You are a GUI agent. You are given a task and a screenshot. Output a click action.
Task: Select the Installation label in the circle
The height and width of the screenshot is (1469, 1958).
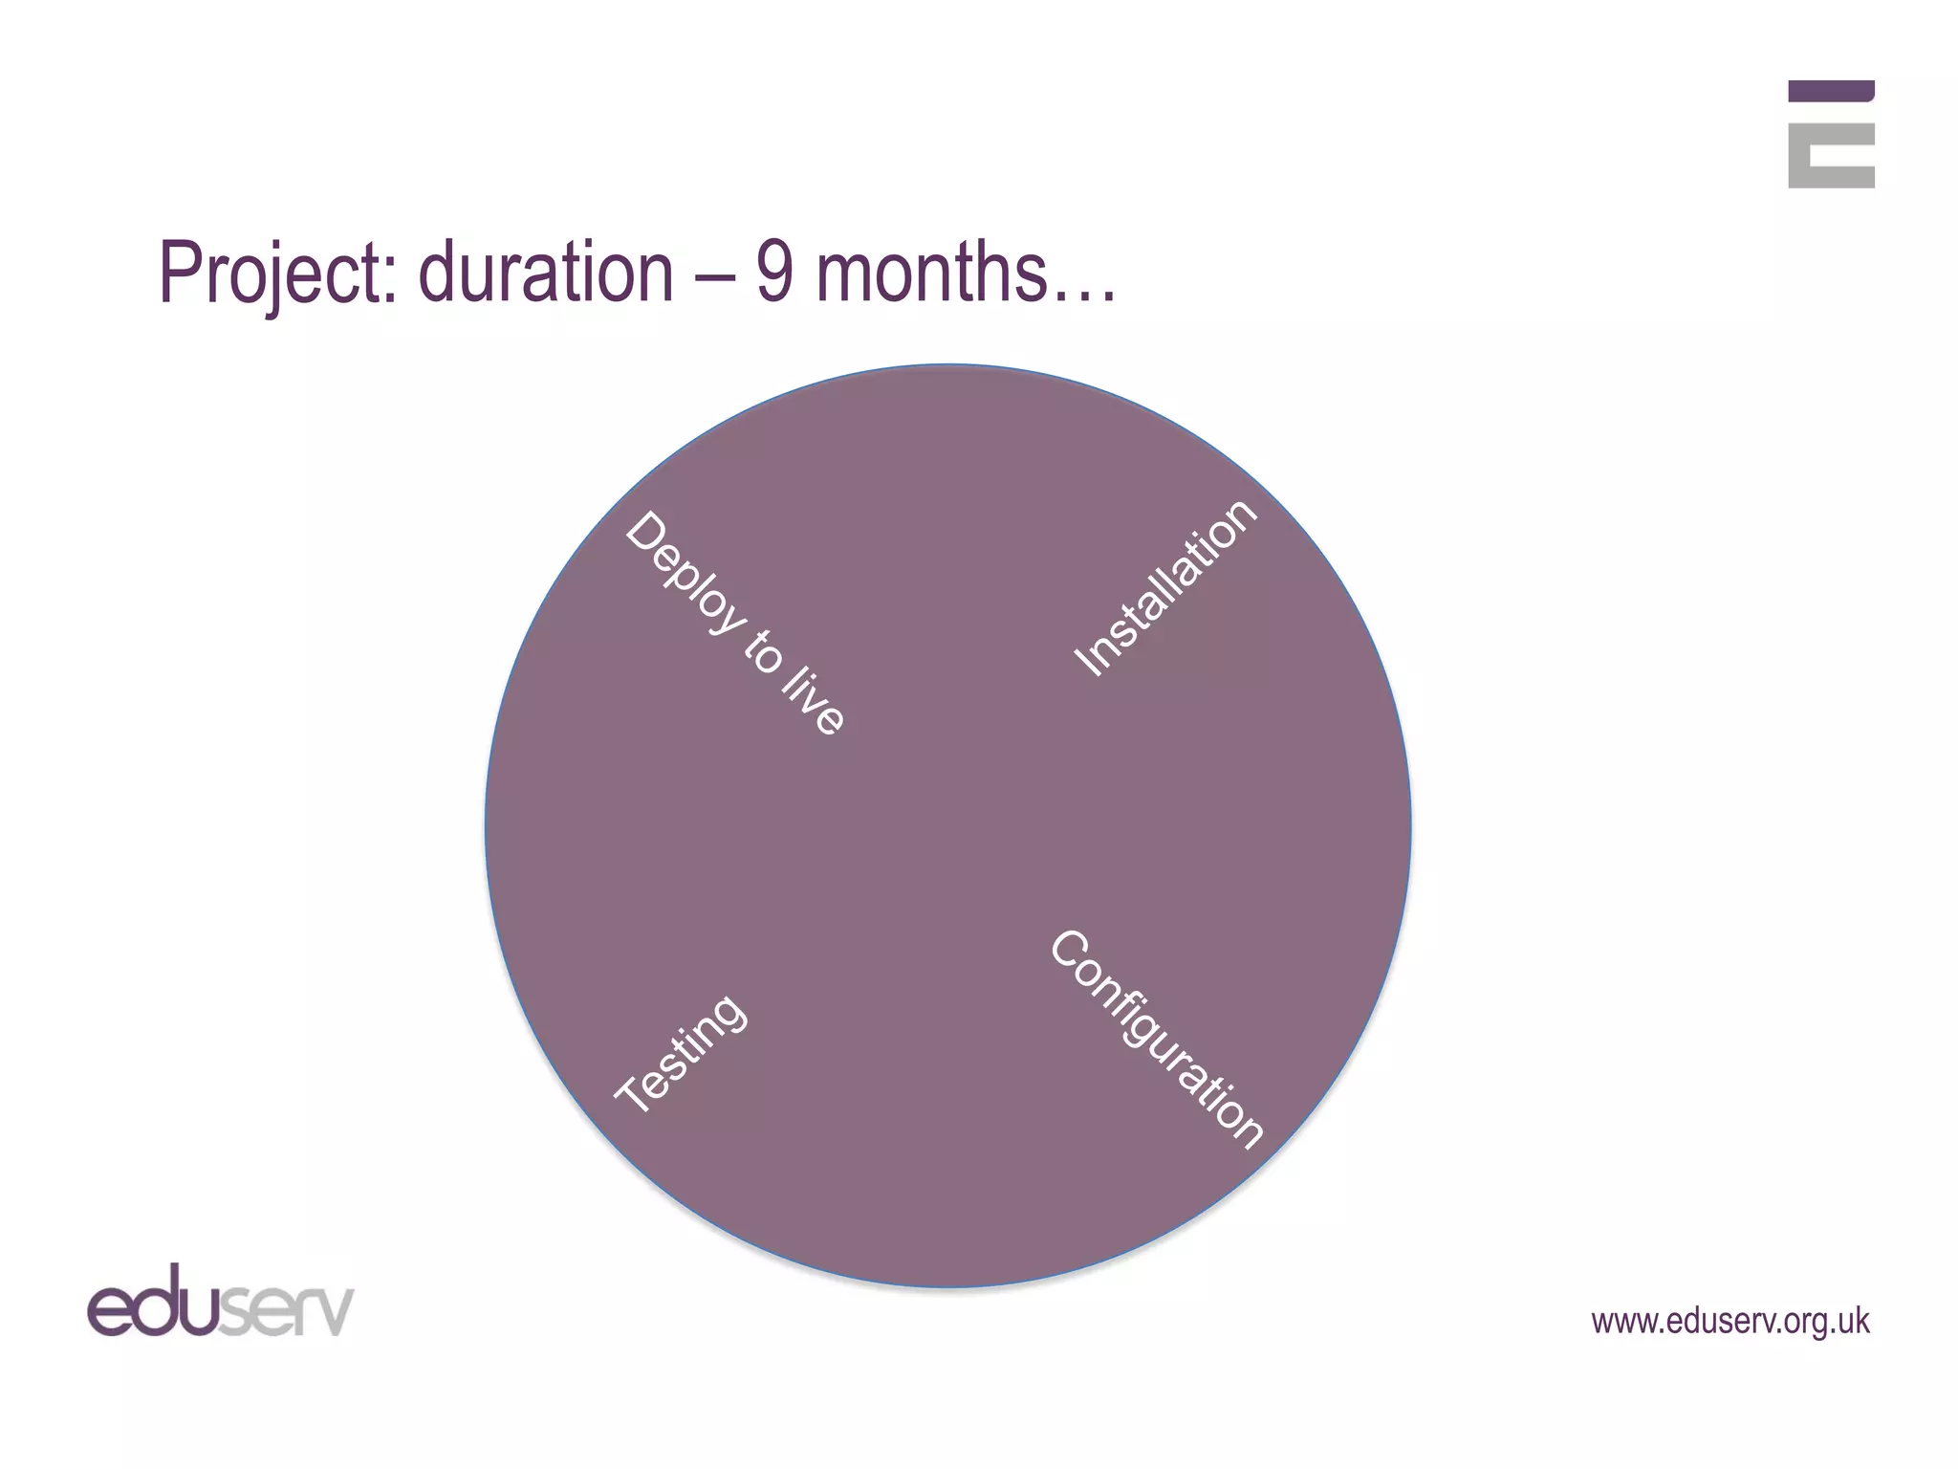tap(1165, 587)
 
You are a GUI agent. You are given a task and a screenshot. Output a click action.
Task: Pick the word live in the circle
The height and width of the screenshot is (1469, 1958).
tap(814, 703)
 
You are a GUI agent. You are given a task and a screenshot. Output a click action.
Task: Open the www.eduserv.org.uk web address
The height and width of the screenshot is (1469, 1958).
tap(1730, 1321)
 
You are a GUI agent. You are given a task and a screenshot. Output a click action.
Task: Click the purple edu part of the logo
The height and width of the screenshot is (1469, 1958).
tap(153, 1302)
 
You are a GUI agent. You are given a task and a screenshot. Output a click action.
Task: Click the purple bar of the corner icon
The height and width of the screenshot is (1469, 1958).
tap(1831, 91)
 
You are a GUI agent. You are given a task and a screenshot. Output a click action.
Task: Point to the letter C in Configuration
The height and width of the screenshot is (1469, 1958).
tap(1070, 951)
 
